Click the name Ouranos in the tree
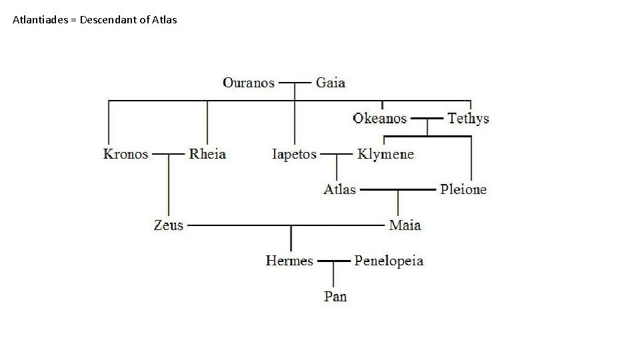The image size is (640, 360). tap(249, 83)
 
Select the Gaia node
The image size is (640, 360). tap(331, 83)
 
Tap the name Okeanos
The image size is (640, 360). tap(379, 119)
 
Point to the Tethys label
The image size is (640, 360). tap(468, 119)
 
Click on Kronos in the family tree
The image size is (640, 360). tap(125, 154)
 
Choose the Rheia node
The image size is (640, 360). tap(207, 154)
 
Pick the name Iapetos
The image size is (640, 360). tap(294, 154)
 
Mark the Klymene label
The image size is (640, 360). tap(385, 154)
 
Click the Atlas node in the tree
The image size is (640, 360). tap(339, 189)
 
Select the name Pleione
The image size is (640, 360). tap(463, 189)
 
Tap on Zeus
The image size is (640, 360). tap(168, 225)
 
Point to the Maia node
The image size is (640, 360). tap(405, 225)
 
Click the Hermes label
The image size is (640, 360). tap(289, 261)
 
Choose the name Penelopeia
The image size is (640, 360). tap(389, 261)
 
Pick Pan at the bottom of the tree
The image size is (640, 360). tap(335, 296)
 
